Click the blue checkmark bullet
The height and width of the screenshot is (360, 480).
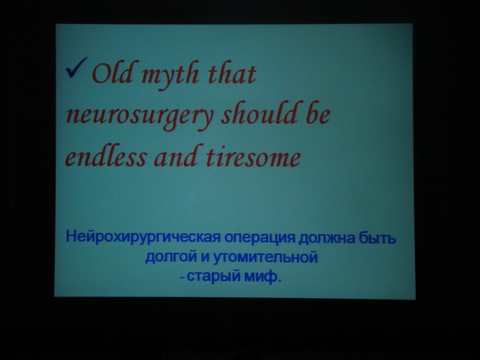(76, 68)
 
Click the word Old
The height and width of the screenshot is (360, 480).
(112, 73)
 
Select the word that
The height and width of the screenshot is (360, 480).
(232, 73)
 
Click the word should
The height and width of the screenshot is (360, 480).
(258, 113)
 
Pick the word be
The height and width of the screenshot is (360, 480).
(318, 113)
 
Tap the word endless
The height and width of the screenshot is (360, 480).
(106, 157)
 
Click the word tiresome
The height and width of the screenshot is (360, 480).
(254, 157)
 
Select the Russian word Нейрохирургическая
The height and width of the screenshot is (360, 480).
(143, 238)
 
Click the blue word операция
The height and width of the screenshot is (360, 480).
(260, 238)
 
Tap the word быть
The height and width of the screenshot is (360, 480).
(377, 238)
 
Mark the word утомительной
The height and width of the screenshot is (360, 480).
(265, 257)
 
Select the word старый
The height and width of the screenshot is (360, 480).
(214, 277)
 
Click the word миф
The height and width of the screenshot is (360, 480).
(263, 276)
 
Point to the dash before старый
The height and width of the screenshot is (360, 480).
(183, 278)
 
